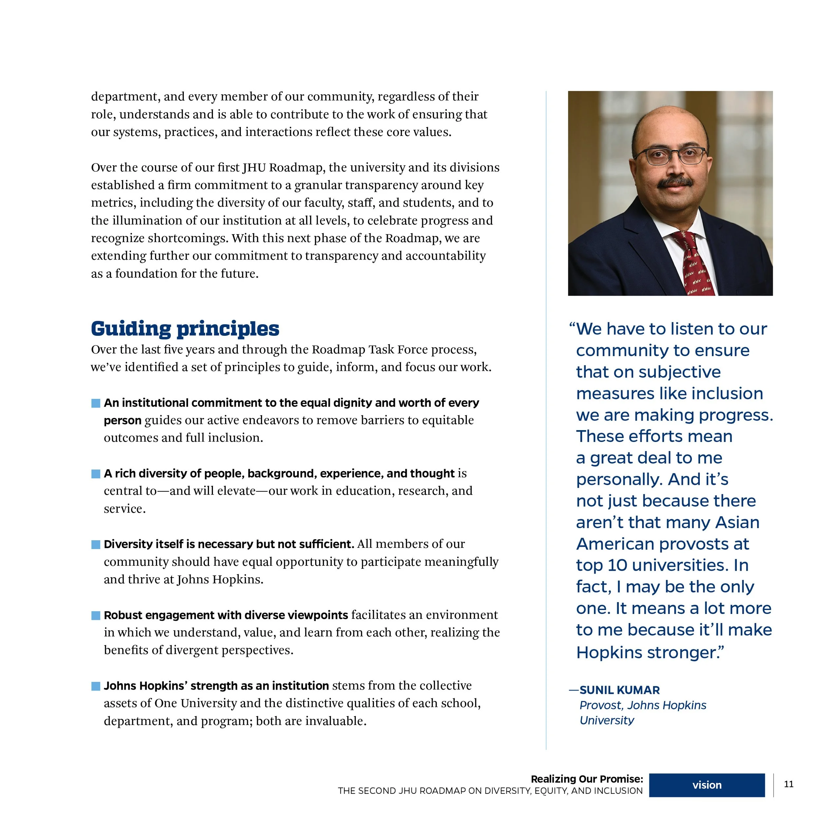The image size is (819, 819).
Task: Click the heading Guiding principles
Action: (x=185, y=329)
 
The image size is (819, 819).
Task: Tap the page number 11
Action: (x=789, y=784)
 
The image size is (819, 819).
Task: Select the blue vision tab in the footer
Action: (x=707, y=785)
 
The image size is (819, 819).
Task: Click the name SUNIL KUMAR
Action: (x=619, y=690)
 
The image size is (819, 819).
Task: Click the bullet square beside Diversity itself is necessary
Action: (x=96, y=544)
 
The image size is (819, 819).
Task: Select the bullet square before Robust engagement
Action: (x=96, y=615)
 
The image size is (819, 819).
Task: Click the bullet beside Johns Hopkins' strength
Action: (x=96, y=686)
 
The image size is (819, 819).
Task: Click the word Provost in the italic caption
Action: (x=601, y=705)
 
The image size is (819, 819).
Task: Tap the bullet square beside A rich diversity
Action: (x=96, y=473)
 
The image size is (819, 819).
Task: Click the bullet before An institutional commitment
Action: (x=96, y=403)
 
